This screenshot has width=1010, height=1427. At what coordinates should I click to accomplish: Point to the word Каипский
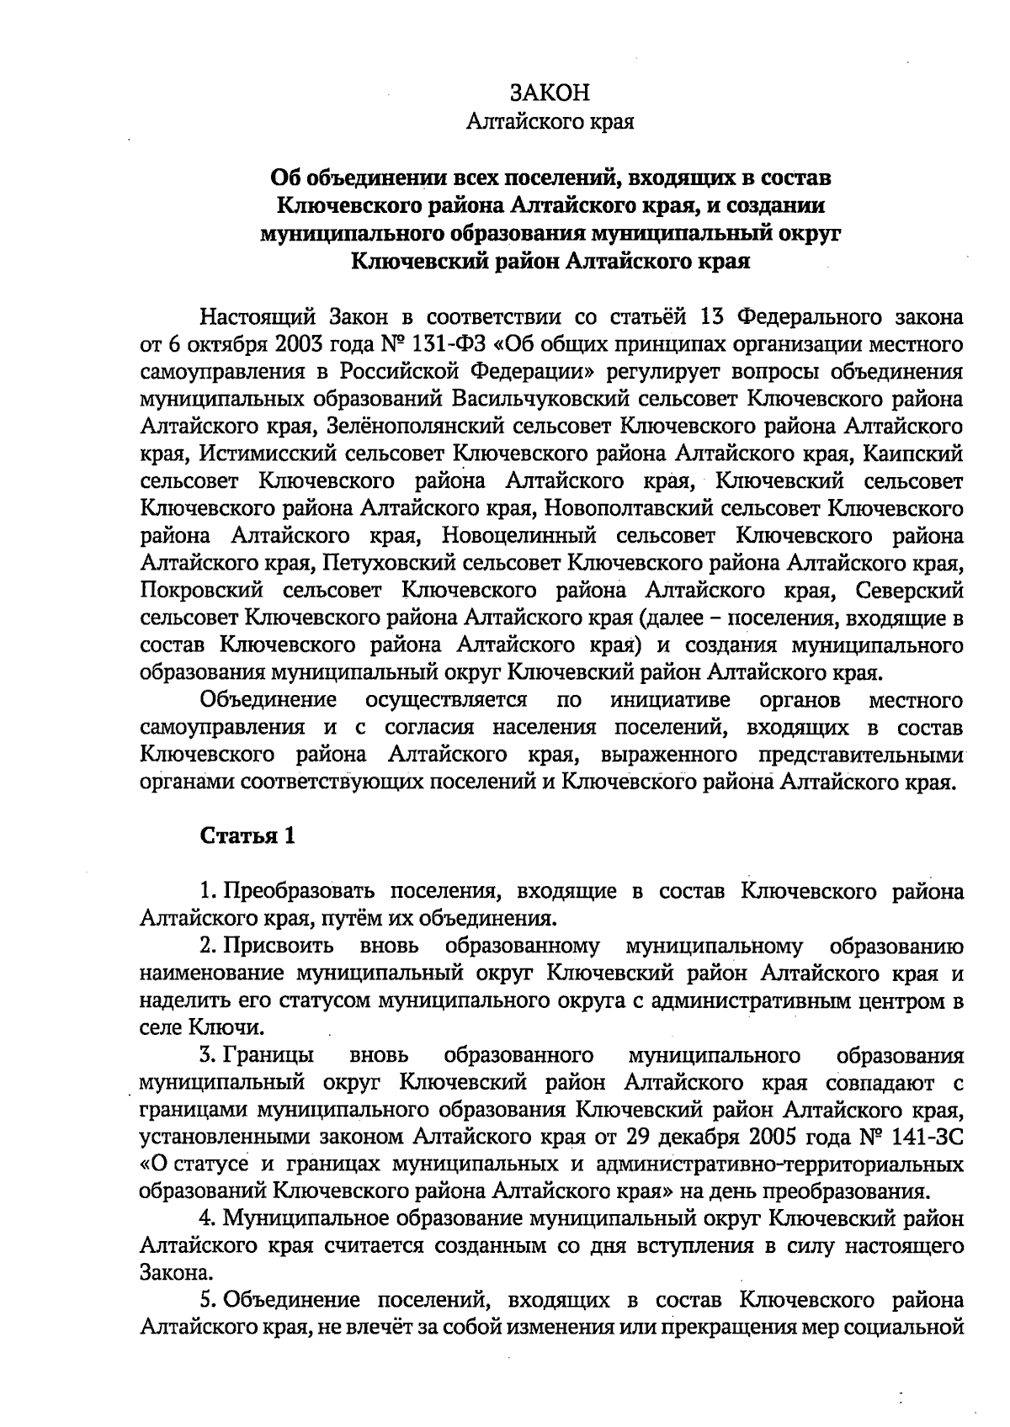coord(920,454)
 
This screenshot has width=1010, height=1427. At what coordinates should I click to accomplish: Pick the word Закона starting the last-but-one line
coord(170,1274)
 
